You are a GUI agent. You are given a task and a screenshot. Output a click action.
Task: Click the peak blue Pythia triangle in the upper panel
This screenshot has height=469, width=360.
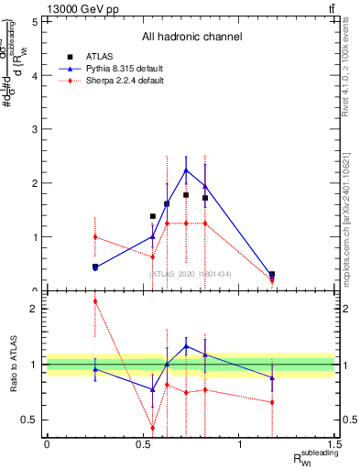[186, 170]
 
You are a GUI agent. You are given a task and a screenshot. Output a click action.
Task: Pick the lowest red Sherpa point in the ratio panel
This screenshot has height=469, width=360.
[153, 428]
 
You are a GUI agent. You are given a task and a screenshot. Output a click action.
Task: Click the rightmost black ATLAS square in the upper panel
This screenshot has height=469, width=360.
[272, 274]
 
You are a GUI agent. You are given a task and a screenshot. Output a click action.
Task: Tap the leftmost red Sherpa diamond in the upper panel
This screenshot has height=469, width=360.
[95, 236]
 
